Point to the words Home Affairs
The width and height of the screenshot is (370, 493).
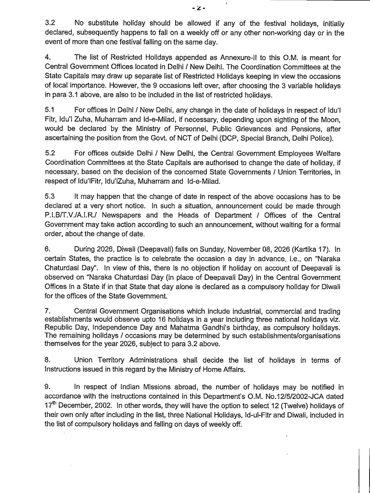[222, 369]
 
